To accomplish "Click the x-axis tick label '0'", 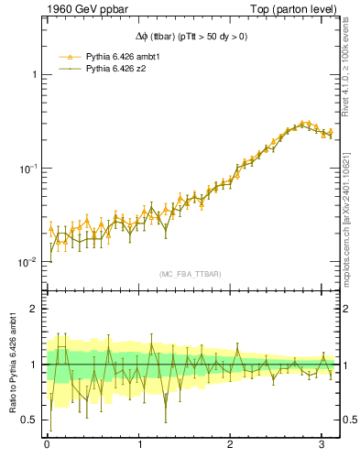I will tap(47, 446).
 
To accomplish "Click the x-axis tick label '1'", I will tap(139, 446).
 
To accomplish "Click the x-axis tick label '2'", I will tap(231, 446).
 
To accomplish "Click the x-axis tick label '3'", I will tap(323, 446).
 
